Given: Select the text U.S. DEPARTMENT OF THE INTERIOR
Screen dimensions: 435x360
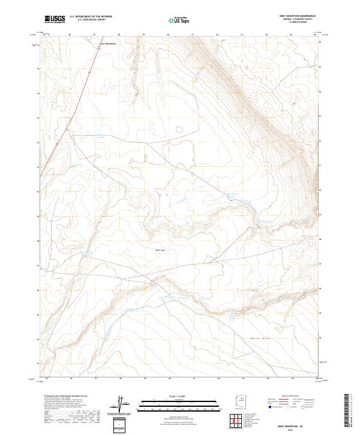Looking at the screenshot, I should point(91,16).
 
